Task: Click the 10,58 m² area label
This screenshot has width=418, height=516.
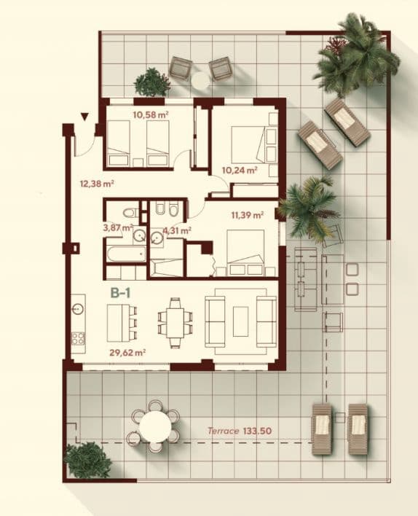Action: [151, 114]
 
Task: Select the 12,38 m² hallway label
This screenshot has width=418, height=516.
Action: [95, 184]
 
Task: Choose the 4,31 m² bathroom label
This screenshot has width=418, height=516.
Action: [176, 231]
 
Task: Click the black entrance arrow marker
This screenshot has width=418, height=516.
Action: [85, 117]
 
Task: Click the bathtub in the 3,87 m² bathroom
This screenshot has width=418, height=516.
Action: [125, 256]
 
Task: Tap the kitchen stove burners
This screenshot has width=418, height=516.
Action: [78, 338]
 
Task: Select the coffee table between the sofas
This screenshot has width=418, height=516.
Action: [241, 320]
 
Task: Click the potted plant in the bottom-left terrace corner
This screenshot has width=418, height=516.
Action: [87, 460]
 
